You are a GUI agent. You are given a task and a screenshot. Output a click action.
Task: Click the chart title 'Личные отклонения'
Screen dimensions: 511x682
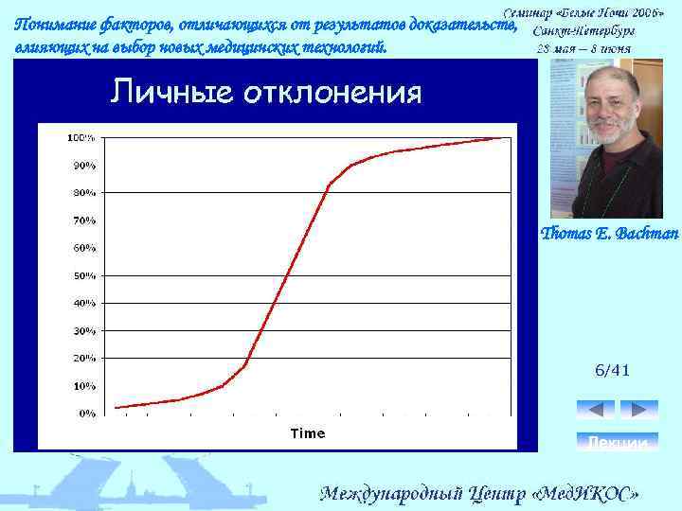[266, 93]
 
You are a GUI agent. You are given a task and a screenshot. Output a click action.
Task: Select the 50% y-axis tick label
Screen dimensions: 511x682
[84, 275]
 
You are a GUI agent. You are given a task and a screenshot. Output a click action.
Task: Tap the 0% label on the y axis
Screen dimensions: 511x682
[86, 414]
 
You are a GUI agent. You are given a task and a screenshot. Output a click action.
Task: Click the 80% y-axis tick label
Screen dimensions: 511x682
[84, 192]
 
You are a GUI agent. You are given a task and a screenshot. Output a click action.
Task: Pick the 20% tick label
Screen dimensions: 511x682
[84, 359]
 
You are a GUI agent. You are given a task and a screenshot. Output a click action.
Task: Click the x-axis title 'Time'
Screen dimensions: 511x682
[307, 433]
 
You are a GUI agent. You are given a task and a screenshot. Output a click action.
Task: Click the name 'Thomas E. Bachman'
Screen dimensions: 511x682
[609, 233]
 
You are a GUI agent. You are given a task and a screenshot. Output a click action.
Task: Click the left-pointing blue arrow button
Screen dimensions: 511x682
[596, 410]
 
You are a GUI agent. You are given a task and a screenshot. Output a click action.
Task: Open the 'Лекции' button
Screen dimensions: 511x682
[618, 442]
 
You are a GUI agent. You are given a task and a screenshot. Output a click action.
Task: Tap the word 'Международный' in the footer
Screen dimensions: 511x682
[392, 494]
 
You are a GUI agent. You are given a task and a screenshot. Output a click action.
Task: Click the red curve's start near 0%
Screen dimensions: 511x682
[115, 408]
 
